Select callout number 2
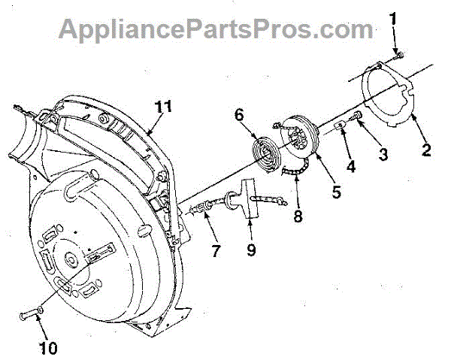(x=426, y=149)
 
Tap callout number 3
(x=383, y=156)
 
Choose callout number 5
(x=336, y=192)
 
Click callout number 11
(x=164, y=107)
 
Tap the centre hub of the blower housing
(x=71, y=260)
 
